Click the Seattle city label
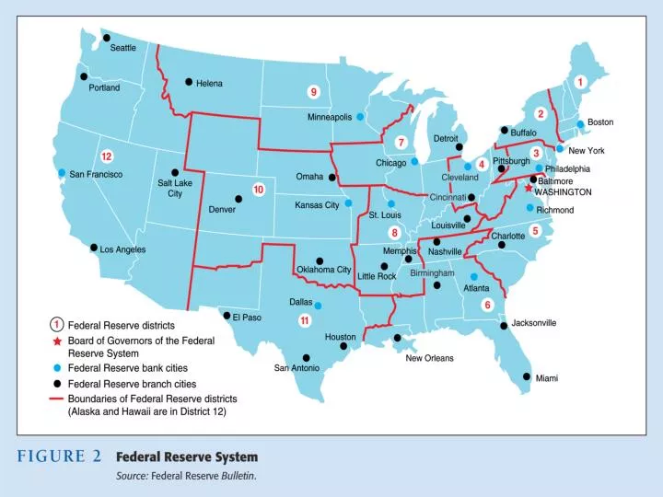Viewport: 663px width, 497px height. tap(123, 48)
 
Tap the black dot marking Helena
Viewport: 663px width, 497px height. tap(189, 82)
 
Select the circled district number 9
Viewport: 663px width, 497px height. tap(314, 91)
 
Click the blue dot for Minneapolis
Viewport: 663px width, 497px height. tap(360, 117)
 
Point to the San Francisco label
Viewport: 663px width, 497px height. tap(97, 174)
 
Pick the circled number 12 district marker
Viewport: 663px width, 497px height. tap(107, 156)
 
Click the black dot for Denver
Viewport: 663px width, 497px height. tap(238, 198)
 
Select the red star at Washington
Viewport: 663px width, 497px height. tap(528, 188)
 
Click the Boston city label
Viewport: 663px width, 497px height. tap(600, 121)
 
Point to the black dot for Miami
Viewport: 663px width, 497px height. tap(527, 376)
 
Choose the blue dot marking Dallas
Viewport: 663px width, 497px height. tap(318, 305)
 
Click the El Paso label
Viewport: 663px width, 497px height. tap(248, 318)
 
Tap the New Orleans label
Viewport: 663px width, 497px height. tap(429, 358)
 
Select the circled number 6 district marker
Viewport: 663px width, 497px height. tap(488, 305)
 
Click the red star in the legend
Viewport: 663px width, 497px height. tap(56, 340)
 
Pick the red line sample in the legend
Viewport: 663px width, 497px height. tap(56, 399)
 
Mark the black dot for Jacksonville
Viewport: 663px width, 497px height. tap(504, 325)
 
